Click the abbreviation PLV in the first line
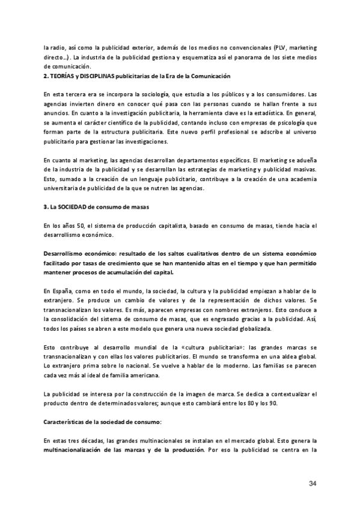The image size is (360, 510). pos(280,47)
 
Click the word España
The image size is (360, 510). pos(64,291)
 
